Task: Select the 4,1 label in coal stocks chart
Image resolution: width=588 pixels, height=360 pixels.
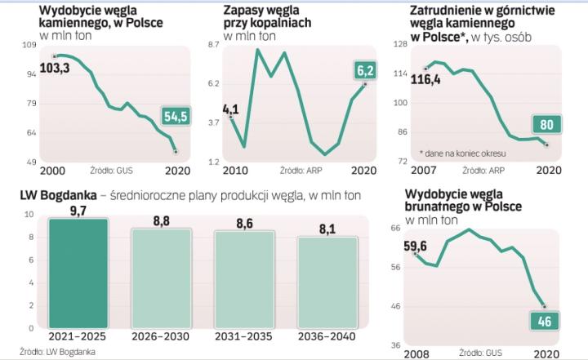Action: click(229, 108)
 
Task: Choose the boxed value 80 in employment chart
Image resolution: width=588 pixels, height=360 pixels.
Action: click(547, 125)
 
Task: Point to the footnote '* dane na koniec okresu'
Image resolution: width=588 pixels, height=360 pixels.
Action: click(463, 153)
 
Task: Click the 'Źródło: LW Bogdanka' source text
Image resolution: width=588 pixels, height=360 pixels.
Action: click(42, 353)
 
